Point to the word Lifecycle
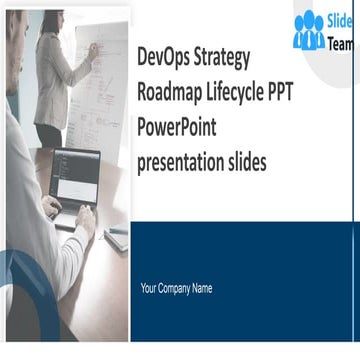(254, 91)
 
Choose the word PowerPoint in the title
(180, 127)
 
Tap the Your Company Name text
(176, 289)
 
